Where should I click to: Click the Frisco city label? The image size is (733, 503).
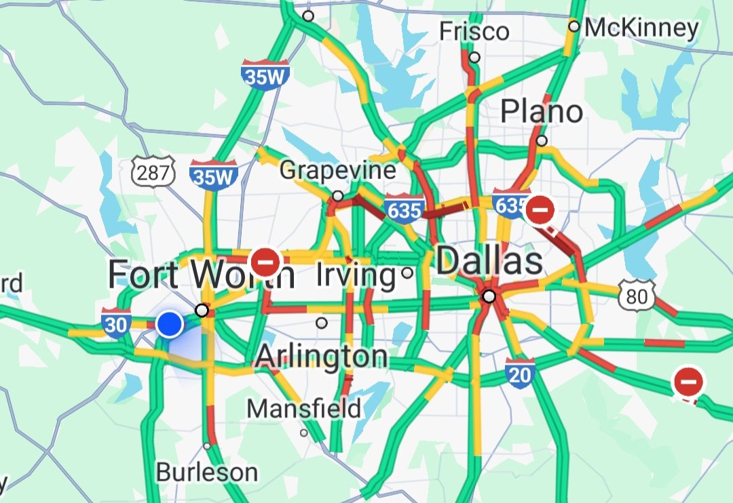click(474, 31)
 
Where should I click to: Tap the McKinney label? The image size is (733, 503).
click(641, 28)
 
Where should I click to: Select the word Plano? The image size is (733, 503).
click(542, 111)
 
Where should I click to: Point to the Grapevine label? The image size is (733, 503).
click(338, 169)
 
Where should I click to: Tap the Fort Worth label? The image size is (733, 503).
click(201, 275)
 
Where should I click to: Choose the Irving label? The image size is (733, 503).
click(356, 275)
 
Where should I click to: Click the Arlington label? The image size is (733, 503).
click(322, 356)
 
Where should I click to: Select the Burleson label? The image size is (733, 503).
click(207, 472)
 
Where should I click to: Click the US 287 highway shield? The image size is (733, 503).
click(154, 174)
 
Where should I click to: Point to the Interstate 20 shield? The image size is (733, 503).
click(520, 374)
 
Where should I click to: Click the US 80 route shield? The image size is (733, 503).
click(637, 296)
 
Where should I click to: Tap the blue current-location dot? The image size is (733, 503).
click(170, 325)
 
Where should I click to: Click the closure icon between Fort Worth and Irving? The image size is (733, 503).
click(265, 260)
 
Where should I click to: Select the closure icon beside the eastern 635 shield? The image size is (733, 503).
click(540, 210)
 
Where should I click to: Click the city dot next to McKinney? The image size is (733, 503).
click(574, 26)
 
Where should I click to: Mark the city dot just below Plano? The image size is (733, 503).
click(542, 141)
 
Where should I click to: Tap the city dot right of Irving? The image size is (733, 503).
click(407, 273)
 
